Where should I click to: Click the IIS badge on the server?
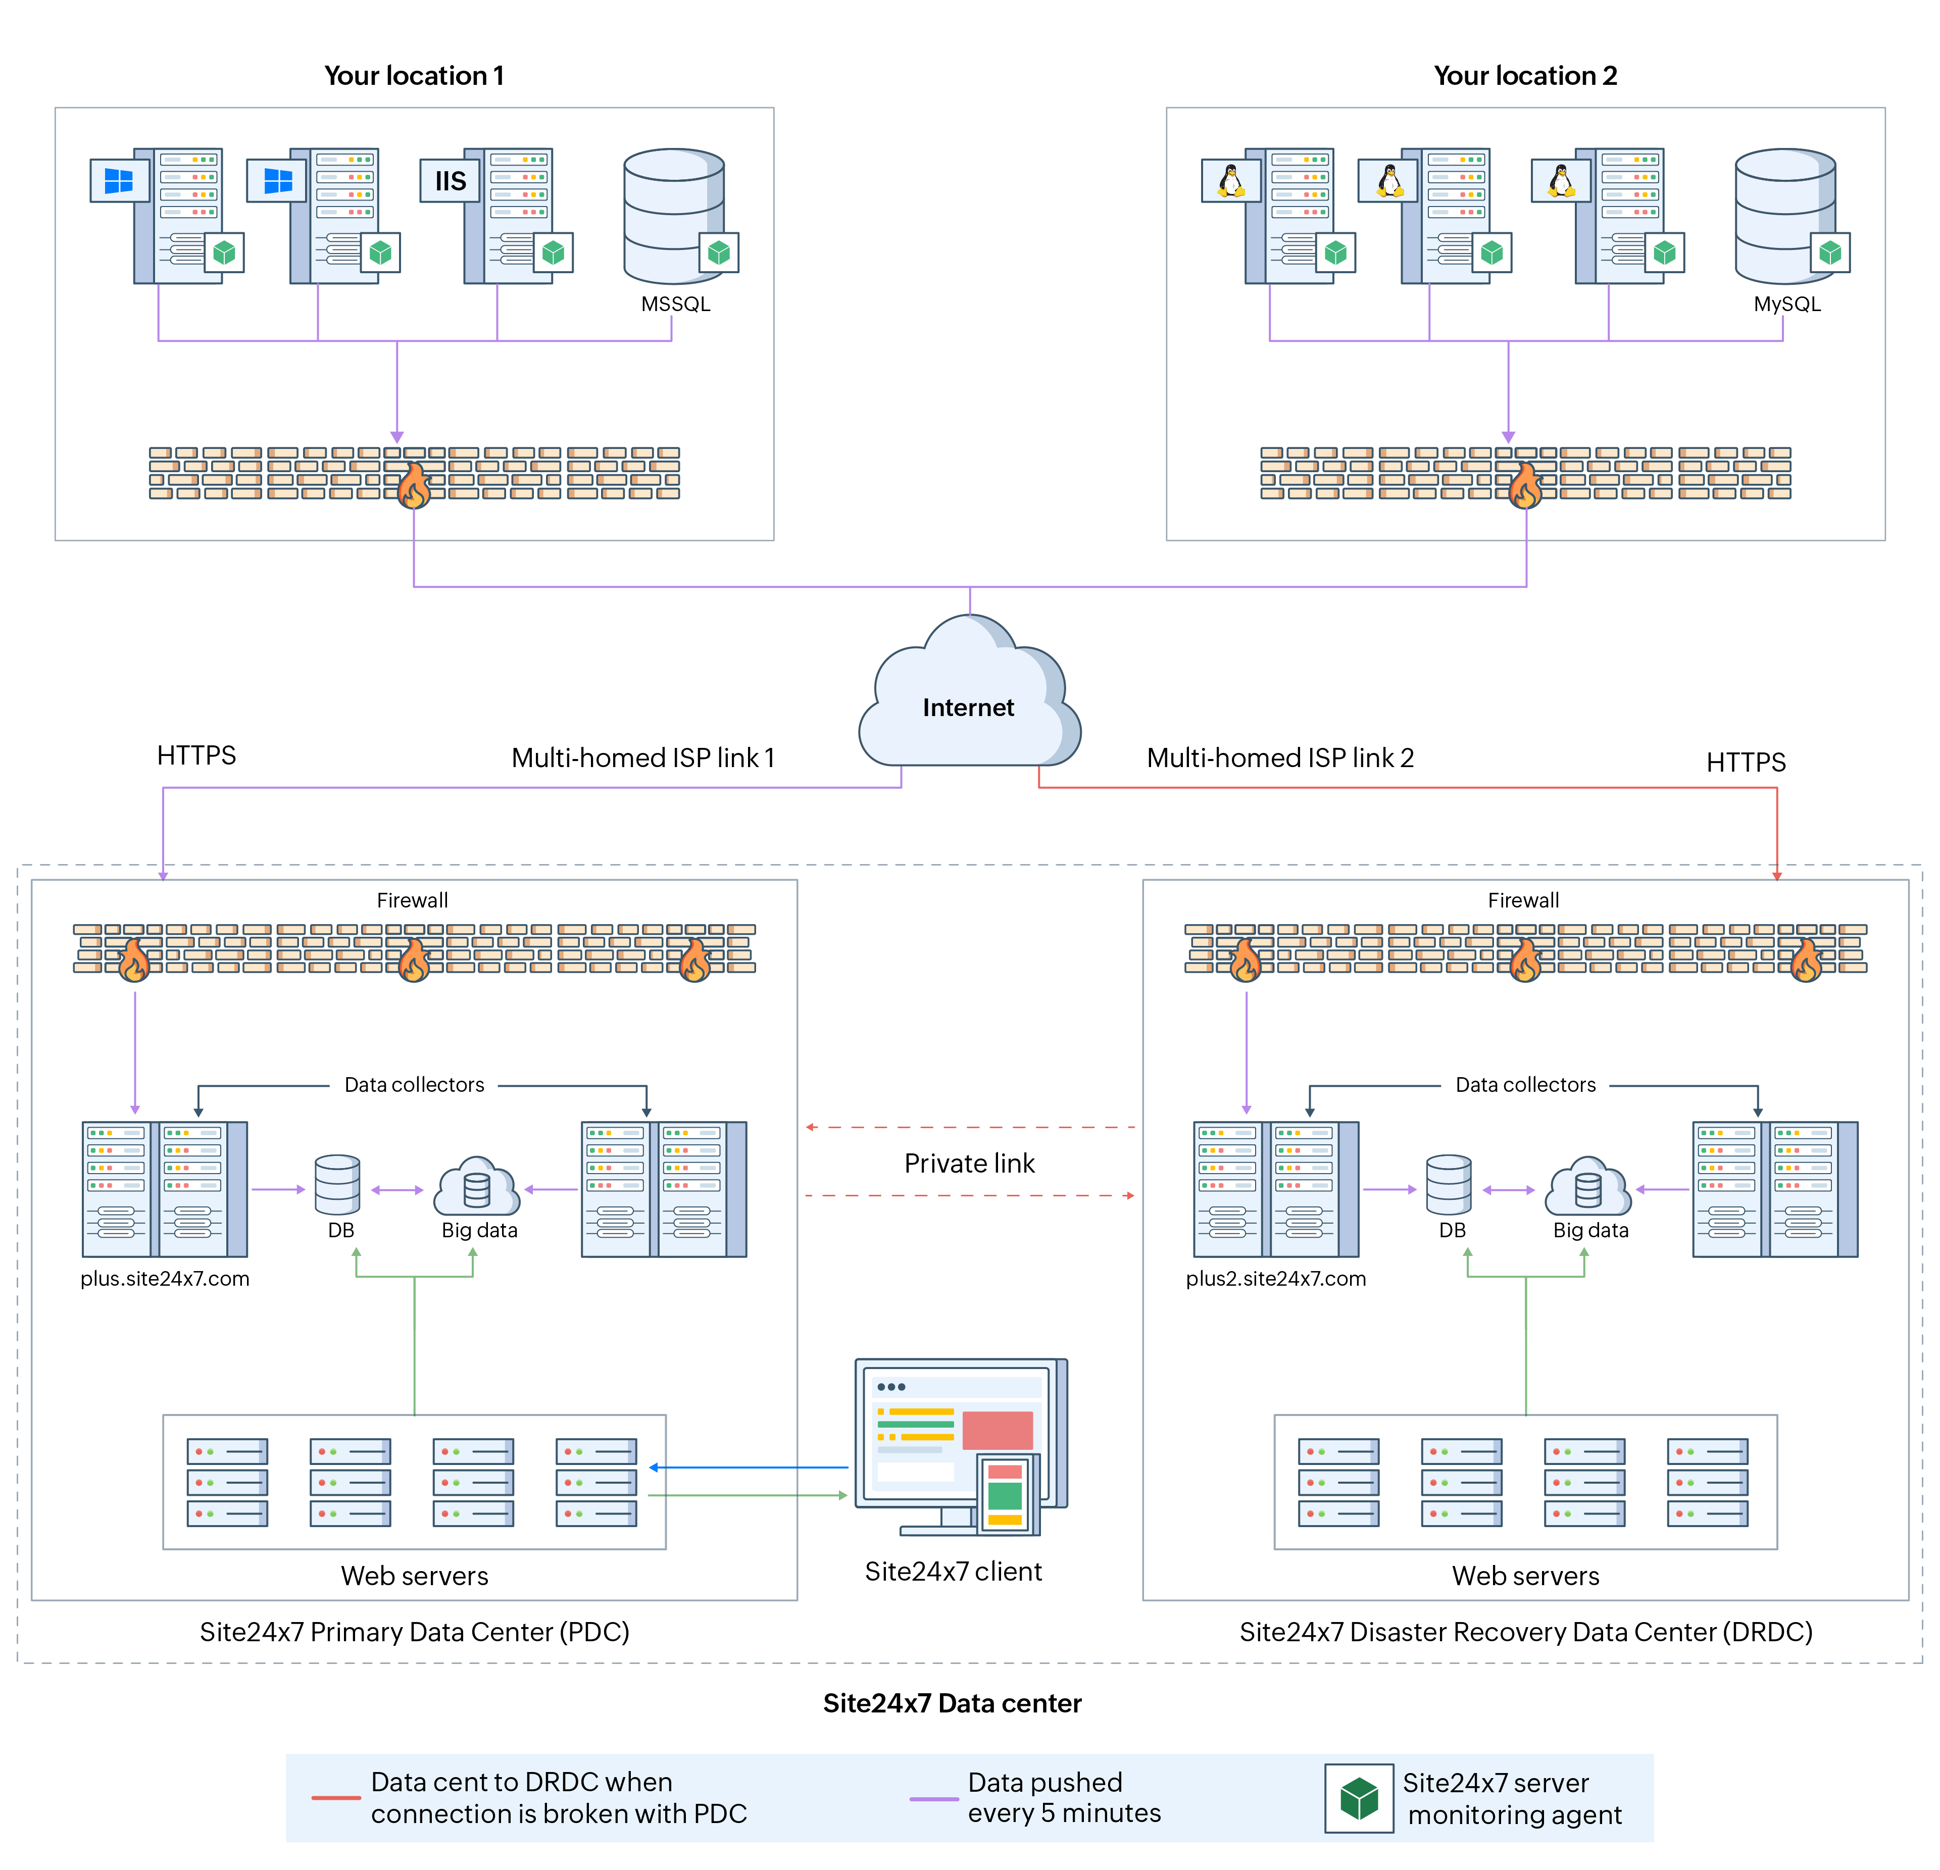(451, 181)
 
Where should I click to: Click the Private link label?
(969, 1164)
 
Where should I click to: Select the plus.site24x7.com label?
(165, 1278)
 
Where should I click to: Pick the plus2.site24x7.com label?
(1276, 1278)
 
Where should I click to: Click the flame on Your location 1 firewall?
(414, 487)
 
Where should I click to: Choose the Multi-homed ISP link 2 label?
(1280, 758)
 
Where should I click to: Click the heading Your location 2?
(1525, 76)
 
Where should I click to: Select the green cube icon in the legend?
(1359, 1798)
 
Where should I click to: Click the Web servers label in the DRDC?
(1525, 1576)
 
